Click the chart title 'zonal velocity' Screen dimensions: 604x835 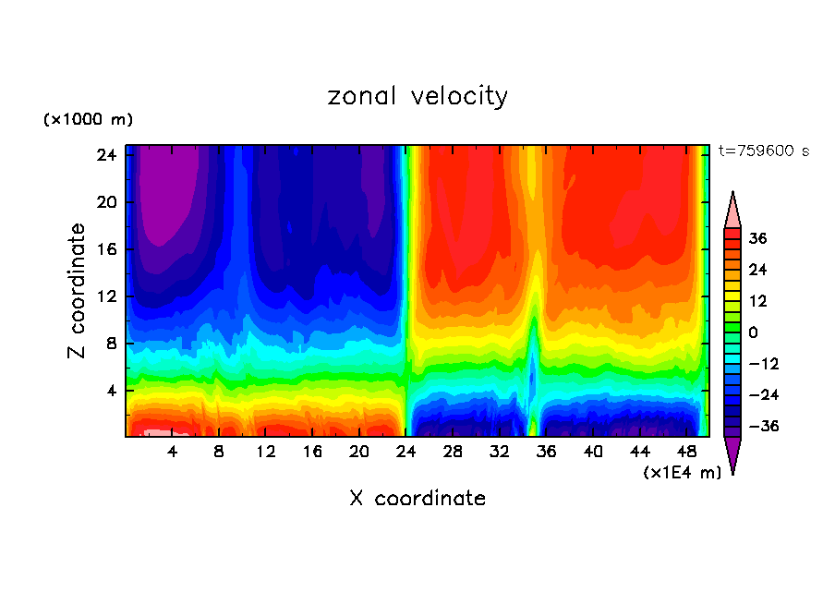tap(417, 96)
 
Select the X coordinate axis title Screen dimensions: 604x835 tap(417, 499)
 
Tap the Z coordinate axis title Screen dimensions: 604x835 tap(78, 291)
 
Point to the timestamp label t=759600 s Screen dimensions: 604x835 tap(763, 151)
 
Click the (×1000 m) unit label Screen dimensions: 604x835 tap(88, 120)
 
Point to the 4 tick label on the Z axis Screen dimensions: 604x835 tap(108, 390)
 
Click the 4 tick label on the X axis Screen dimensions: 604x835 tap(173, 452)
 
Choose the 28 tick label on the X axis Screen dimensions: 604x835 tap(453, 452)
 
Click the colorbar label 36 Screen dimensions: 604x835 tap(757, 238)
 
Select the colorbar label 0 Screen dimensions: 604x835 tap(753, 332)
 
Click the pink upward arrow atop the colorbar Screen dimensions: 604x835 tap(732, 210)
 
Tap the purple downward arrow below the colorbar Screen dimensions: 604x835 tap(732, 454)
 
